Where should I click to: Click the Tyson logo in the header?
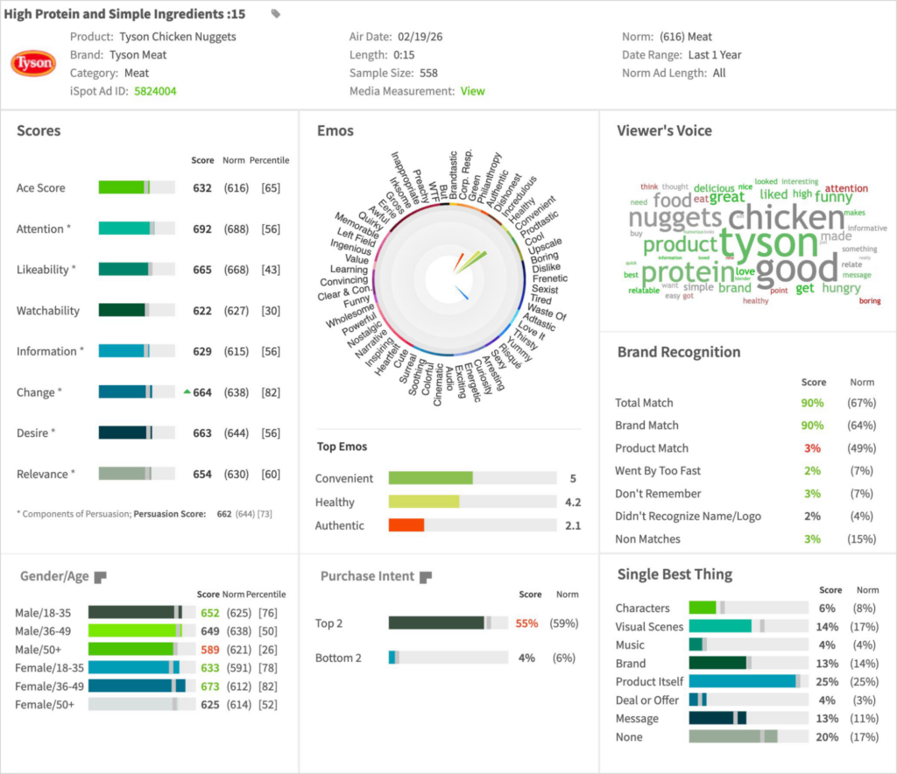34,63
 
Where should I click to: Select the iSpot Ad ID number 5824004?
155,91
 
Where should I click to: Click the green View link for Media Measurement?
473,91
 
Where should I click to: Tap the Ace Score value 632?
202,188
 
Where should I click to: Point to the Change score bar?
125,392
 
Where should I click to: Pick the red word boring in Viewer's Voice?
870,301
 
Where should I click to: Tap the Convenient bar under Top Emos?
430,478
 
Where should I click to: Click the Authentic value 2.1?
573,525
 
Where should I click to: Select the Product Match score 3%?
813,448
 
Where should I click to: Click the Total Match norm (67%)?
862,403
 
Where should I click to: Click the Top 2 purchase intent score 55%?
526,623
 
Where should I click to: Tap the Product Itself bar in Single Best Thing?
743,681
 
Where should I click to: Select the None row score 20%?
826,737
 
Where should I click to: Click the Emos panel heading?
335,131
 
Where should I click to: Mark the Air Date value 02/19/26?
425,37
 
